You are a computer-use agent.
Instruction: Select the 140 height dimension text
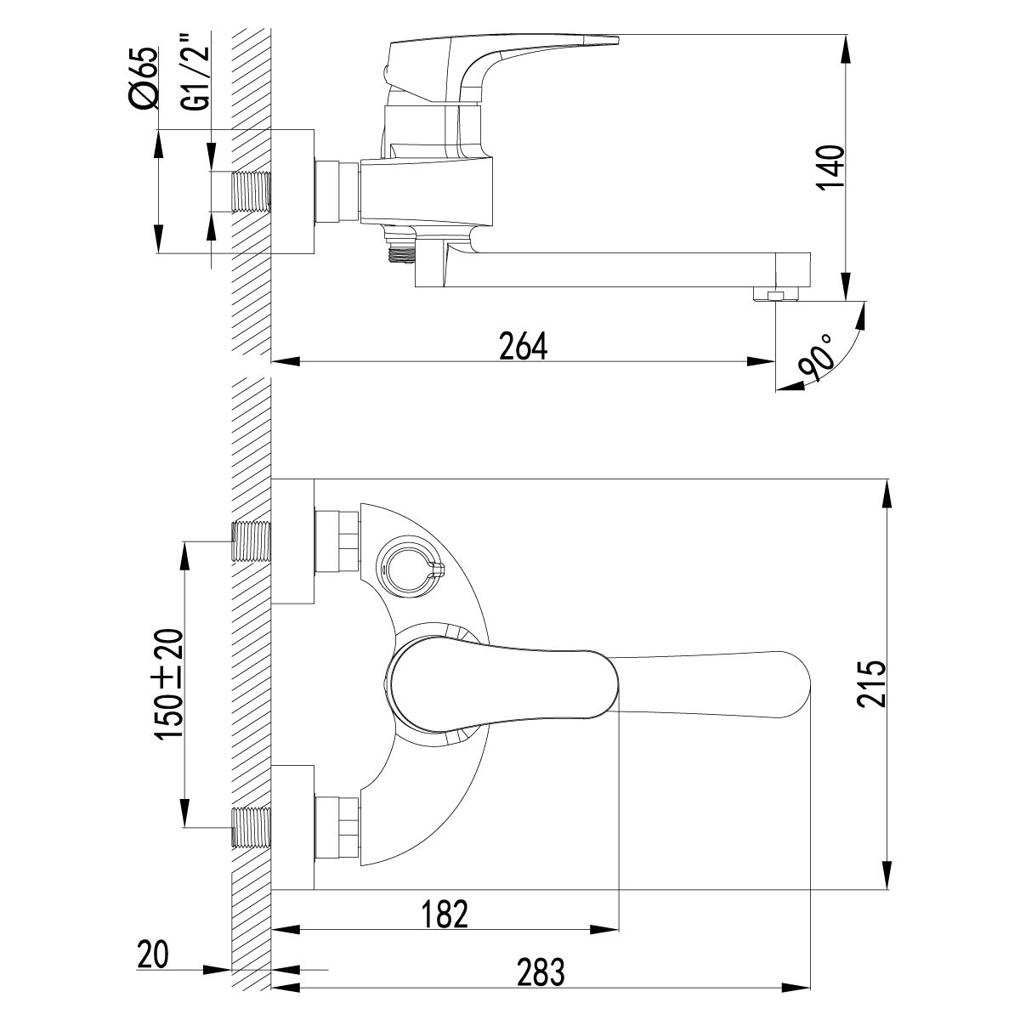coord(830,167)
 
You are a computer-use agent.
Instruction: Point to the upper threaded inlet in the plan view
coord(251,541)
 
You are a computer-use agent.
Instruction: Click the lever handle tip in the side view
coord(595,39)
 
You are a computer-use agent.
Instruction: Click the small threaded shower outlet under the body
coord(399,249)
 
